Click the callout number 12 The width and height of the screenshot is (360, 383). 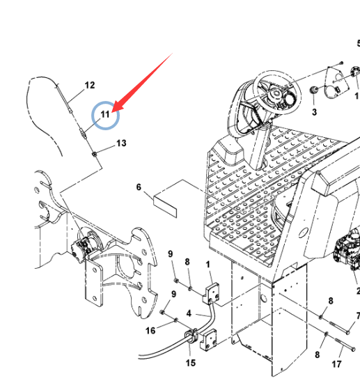point(90,85)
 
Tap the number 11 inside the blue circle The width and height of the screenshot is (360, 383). point(105,114)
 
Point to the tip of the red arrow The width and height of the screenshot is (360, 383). point(112,112)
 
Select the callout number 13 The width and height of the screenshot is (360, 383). point(121,143)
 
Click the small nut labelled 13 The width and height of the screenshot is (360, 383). point(94,154)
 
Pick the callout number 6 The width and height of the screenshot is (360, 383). point(139,187)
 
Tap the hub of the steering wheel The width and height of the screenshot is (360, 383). point(276,93)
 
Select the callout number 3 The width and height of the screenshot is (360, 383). point(314,112)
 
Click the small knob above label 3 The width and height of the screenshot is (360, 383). point(314,90)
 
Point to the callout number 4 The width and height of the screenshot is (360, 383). point(189,313)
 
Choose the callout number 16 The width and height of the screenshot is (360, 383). point(150,331)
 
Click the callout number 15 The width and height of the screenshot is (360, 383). point(191,363)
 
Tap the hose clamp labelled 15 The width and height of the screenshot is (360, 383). point(191,336)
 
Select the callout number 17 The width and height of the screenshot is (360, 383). point(336,364)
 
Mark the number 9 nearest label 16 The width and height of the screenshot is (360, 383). point(173,294)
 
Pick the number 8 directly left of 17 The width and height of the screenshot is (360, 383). point(317,354)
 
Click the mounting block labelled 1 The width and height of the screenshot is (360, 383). point(212,293)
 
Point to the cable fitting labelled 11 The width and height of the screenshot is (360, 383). point(84,134)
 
